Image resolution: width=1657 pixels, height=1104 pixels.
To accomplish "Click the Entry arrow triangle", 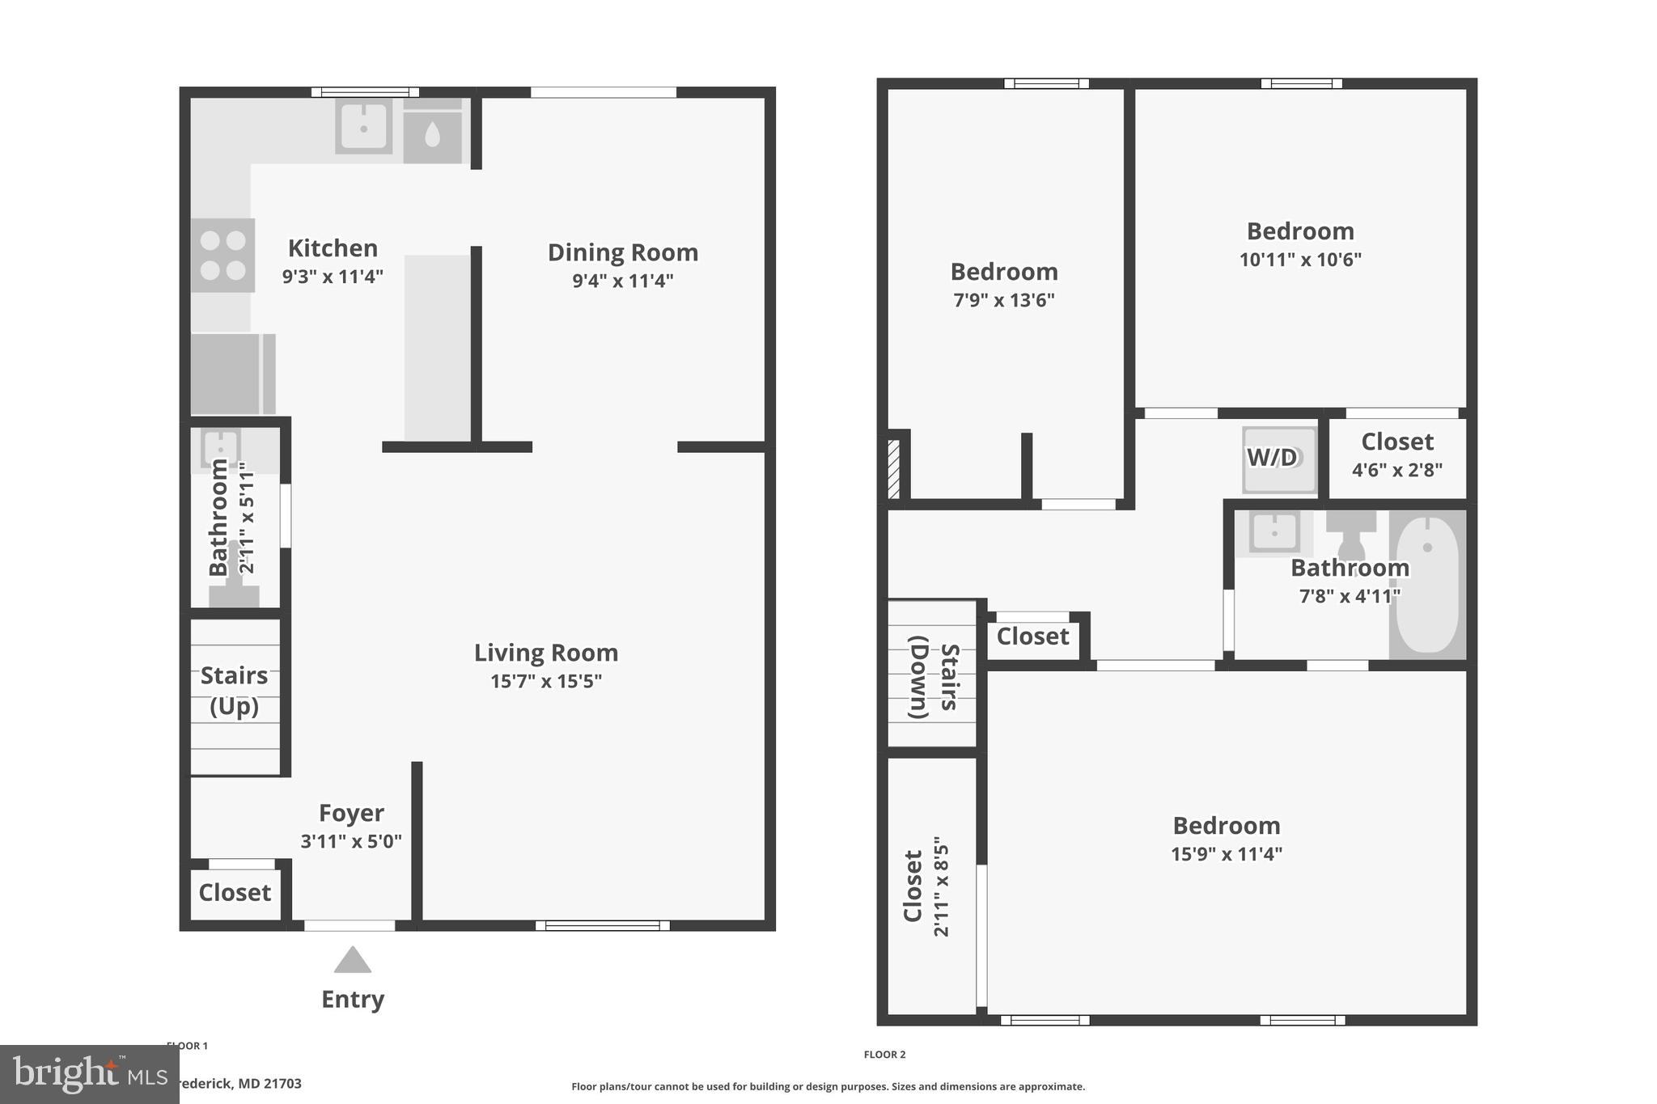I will (353, 961).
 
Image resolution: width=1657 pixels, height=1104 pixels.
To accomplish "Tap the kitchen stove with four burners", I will (223, 255).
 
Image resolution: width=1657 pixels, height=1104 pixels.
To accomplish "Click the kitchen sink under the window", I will (364, 126).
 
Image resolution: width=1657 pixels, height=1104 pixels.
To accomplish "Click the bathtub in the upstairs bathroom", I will (1427, 584).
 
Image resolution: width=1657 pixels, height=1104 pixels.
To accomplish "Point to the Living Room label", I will (546, 653).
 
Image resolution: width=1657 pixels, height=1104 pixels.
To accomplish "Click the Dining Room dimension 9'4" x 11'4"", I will (622, 281).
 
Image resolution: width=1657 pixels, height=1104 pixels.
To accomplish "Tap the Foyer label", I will (351, 813).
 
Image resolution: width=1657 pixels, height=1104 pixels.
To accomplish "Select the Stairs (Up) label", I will (234, 691).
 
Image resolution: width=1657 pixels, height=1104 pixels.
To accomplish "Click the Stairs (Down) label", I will (933, 677).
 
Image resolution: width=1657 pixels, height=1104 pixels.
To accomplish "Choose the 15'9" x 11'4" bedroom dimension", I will (1226, 854).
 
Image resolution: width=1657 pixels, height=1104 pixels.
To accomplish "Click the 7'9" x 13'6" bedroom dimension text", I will (1003, 301).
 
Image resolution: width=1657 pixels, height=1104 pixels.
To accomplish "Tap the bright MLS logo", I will (89, 1074).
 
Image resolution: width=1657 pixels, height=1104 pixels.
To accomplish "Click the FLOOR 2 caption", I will (884, 1055).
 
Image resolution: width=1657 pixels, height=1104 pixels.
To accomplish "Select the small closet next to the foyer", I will (235, 893).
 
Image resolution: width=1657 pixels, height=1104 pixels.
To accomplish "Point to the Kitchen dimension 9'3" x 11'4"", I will (332, 277).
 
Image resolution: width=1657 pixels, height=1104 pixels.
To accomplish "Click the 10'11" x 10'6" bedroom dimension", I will (1299, 260).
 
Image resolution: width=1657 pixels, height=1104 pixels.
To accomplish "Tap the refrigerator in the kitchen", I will (233, 374).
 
